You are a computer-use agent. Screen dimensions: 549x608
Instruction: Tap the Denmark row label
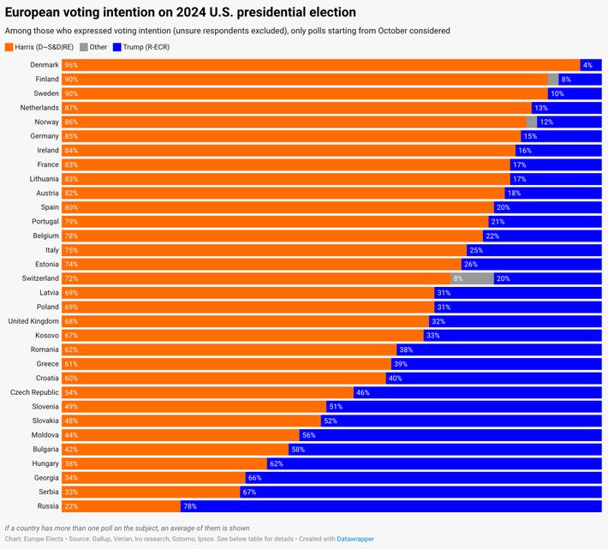pos(45,65)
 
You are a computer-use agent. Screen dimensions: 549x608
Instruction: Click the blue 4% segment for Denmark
pos(591,65)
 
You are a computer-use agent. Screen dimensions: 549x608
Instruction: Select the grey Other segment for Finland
pos(553,79)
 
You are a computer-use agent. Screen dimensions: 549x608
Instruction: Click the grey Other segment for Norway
pos(532,122)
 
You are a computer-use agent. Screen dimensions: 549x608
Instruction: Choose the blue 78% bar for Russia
pos(390,506)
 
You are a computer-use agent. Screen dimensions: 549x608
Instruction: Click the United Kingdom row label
pos(33,321)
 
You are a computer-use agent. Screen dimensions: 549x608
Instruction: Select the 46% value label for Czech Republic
pos(362,392)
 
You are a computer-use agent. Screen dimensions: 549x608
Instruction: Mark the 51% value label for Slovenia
pos(335,407)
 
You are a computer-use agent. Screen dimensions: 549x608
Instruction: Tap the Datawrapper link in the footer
pos(355,539)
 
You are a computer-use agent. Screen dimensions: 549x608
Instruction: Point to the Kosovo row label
pos(45,335)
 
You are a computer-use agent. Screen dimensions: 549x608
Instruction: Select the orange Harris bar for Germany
pos(291,136)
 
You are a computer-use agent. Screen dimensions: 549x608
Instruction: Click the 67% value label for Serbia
pos(249,492)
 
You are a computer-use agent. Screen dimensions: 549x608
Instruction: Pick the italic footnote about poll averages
pos(127,528)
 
